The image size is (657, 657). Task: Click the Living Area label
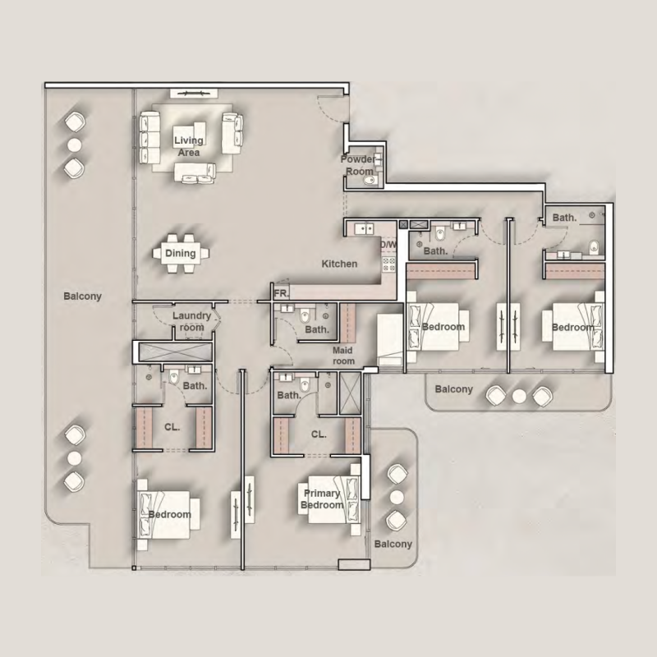(189, 146)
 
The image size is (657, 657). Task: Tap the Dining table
(181, 253)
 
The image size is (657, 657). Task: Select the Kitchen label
(339, 264)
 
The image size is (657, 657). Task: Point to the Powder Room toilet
(370, 180)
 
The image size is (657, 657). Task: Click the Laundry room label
(191, 321)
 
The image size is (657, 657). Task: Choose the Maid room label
(343, 356)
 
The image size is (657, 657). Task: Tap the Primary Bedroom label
(322, 499)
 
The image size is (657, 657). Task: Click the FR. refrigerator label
(281, 294)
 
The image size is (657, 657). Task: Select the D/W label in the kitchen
(388, 244)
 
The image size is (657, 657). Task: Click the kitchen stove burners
(388, 264)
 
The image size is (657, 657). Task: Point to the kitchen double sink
(364, 229)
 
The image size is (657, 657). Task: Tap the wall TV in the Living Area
(193, 93)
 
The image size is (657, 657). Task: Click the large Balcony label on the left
(83, 296)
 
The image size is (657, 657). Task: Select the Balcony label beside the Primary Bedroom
(393, 544)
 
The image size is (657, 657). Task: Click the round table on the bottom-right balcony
(397, 498)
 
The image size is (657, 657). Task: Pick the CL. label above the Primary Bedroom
(319, 434)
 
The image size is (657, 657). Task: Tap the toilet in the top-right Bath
(594, 247)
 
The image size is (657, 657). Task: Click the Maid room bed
(389, 341)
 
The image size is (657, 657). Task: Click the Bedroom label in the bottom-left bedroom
(170, 515)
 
